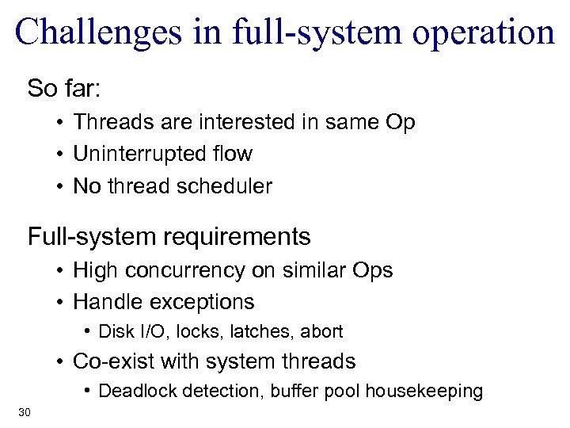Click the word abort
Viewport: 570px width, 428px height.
(x=324, y=331)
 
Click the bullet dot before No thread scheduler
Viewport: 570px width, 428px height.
(x=60, y=187)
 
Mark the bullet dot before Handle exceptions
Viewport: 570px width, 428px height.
(x=60, y=303)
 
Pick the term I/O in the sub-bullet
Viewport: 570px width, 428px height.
(x=170, y=331)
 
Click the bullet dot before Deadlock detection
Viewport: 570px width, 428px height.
(x=89, y=392)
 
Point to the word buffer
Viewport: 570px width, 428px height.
(x=279, y=392)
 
